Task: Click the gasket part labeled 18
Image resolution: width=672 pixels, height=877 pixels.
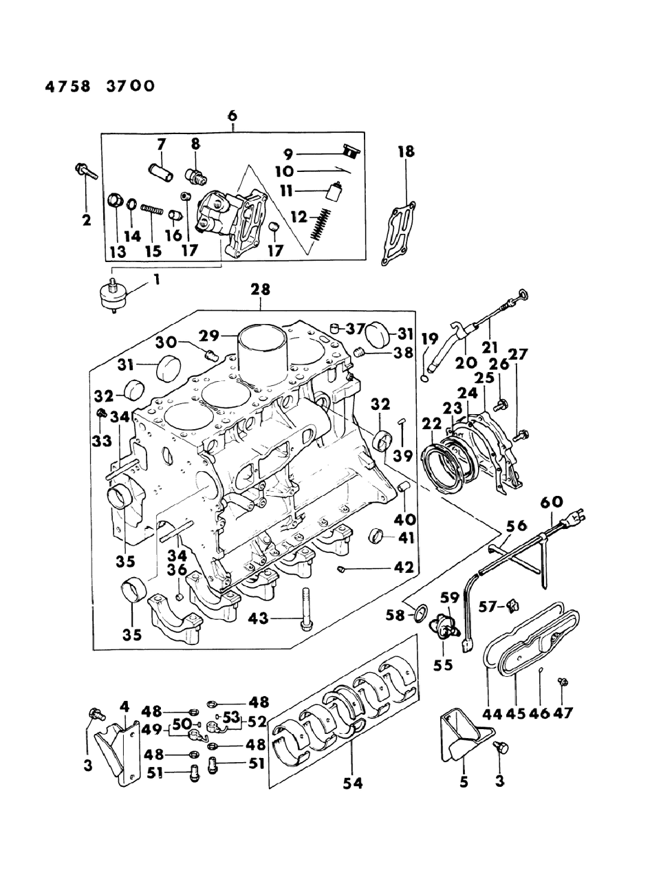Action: coord(398,232)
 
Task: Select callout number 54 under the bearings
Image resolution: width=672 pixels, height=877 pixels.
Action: coord(353,782)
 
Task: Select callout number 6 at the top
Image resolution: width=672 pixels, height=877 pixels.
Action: coord(232,116)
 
